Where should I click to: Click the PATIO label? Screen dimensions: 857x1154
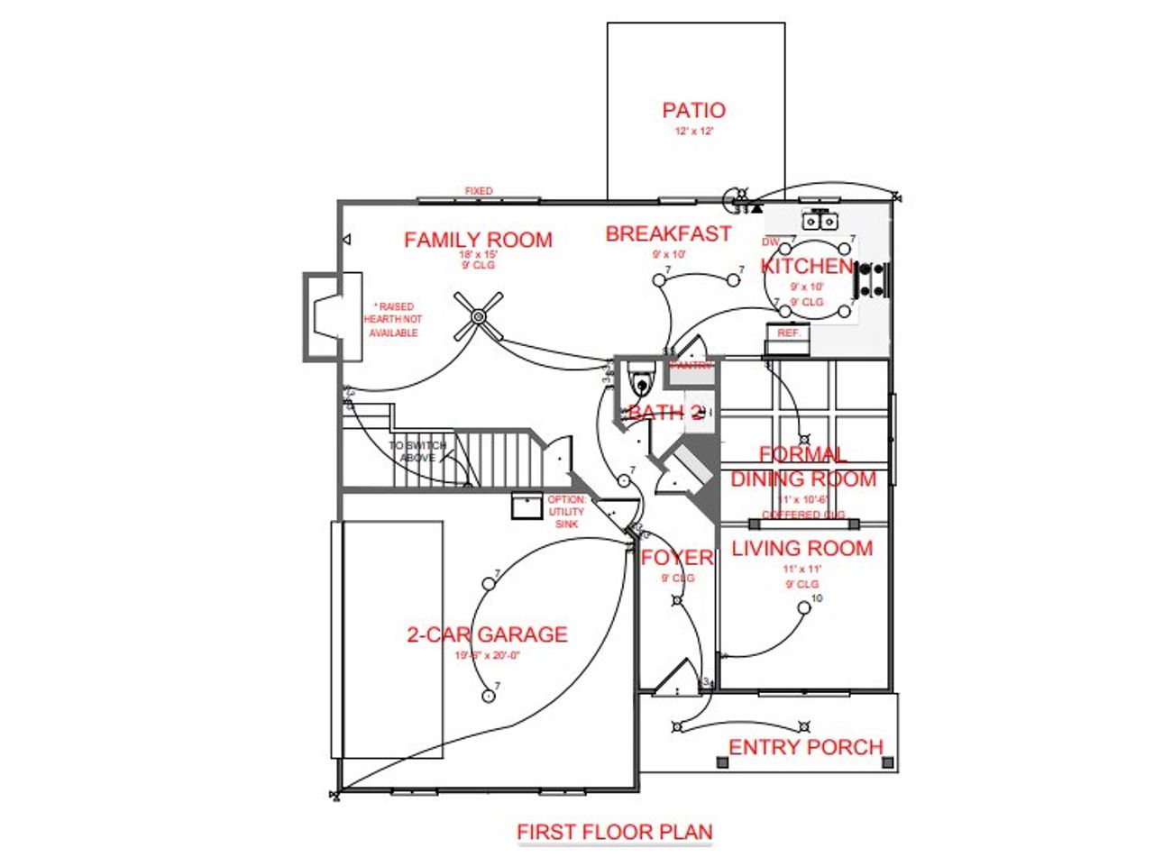click(x=693, y=111)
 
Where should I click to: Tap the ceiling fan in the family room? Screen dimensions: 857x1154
click(x=478, y=316)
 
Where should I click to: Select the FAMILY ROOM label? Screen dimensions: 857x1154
click(x=478, y=240)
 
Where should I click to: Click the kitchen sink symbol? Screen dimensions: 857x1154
click(x=821, y=219)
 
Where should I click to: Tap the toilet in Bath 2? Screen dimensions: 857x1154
click(x=641, y=380)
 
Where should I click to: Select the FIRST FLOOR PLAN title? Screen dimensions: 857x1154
click(x=614, y=832)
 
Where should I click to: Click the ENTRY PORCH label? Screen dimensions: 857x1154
click(x=805, y=747)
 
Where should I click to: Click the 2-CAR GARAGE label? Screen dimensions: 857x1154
click(x=487, y=634)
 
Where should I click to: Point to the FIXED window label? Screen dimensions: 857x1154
click(x=478, y=191)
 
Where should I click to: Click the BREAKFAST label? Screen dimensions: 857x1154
click(x=668, y=234)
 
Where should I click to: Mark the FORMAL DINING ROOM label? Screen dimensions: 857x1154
click(x=802, y=467)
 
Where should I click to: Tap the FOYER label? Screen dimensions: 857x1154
click(x=676, y=558)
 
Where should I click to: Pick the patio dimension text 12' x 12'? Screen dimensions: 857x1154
click(x=693, y=132)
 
